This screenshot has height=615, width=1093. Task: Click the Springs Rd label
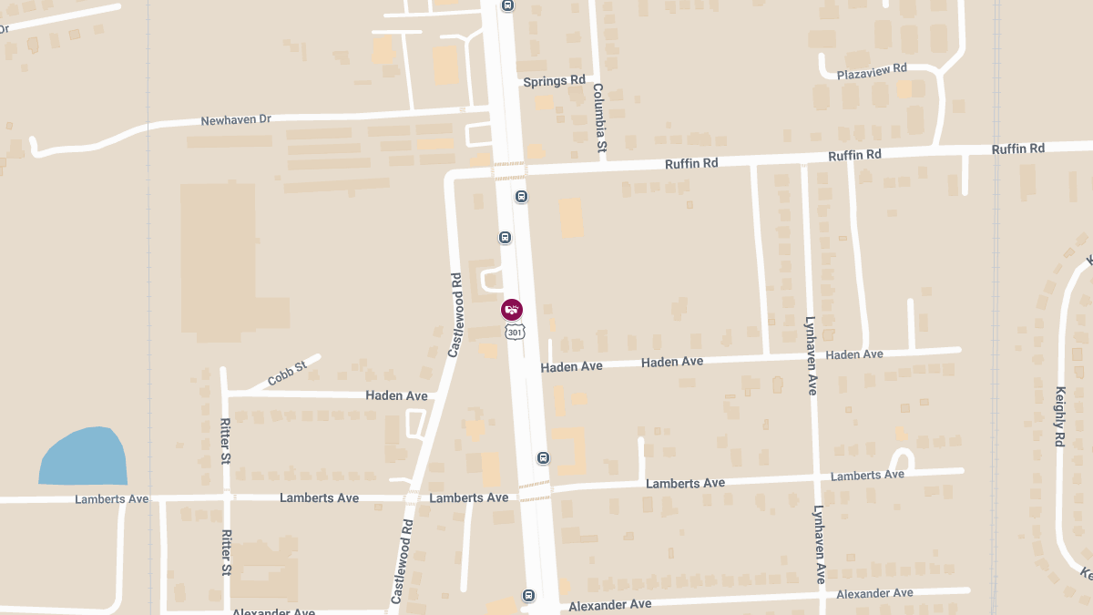point(554,81)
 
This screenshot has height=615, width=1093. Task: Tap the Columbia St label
point(599,118)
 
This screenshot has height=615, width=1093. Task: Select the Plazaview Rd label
point(873,69)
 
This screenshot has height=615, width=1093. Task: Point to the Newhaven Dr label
point(236,120)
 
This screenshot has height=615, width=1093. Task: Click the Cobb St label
point(287,374)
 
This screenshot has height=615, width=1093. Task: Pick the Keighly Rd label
point(1059,415)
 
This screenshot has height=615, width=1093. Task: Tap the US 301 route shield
point(516,333)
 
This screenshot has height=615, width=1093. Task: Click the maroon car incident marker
point(513,310)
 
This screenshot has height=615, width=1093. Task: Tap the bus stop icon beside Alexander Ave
point(528,596)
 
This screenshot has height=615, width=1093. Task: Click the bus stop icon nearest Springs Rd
point(507,5)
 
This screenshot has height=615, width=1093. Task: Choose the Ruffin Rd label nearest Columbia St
point(691,163)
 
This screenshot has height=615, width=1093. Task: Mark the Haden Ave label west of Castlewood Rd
point(396,395)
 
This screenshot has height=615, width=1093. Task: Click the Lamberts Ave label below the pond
point(111,499)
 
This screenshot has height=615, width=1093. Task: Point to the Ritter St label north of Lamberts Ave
point(225,441)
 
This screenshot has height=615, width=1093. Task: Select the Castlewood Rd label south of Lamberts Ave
point(402,562)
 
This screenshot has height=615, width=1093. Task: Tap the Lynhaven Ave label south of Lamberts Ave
point(819,545)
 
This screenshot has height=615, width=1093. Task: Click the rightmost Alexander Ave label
point(874,593)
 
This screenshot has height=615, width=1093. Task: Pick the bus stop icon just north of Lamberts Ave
point(543,457)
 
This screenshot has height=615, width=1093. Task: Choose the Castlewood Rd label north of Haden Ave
point(455,313)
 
